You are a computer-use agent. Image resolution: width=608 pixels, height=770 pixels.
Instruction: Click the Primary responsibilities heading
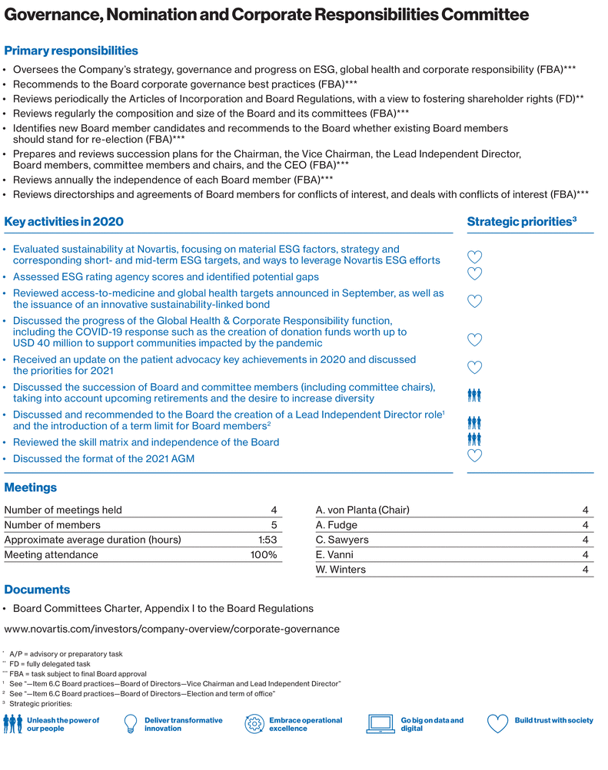(x=71, y=51)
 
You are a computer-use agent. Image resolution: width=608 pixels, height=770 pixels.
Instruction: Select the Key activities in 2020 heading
(x=64, y=222)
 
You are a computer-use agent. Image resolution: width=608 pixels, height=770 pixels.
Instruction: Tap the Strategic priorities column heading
(x=521, y=222)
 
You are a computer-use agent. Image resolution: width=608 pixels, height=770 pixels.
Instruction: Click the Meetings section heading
(x=30, y=487)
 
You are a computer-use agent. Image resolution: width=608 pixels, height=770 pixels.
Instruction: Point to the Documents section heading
(x=37, y=590)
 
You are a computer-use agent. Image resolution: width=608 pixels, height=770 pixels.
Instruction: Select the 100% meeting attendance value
(x=263, y=554)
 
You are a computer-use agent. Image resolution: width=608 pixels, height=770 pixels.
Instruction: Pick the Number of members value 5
(x=273, y=525)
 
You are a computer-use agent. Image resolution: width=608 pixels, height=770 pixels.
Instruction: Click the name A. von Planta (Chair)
(x=362, y=510)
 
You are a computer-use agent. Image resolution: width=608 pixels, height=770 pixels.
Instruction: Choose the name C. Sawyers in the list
(x=342, y=540)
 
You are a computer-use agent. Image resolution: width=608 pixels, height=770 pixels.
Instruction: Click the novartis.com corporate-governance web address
(x=171, y=629)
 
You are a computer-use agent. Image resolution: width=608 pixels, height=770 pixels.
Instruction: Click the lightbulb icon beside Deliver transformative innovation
(x=131, y=724)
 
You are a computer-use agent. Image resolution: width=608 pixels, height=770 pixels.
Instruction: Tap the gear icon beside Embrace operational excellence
(x=254, y=724)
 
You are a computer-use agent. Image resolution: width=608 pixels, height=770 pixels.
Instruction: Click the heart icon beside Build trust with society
(x=498, y=724)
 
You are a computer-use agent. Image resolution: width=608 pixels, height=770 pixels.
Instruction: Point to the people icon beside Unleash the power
(x=13, y=724)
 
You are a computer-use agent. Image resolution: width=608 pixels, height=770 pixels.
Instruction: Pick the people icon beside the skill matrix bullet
(x=474, y=439)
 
